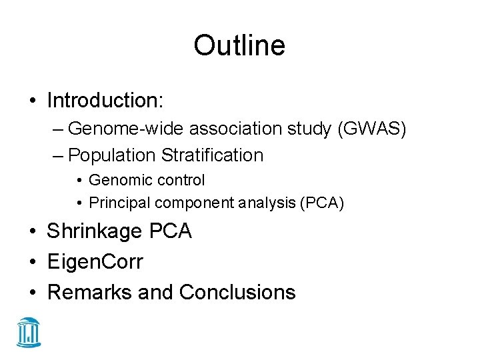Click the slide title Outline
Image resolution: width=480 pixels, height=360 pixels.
(x=239, y=46)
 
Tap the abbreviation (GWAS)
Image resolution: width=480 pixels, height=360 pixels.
(x=372, y=128)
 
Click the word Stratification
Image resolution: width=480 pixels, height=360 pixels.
(x=212, y=155)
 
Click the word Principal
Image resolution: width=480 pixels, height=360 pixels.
(x=117, y=203)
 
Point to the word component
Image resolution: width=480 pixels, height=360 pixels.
(x=186, y=203)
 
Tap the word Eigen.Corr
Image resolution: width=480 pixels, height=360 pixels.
(x=95, y=261)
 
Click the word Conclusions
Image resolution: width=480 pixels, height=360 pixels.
(x=237, y=291)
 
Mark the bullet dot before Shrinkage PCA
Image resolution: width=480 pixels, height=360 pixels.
(x=33, y=232)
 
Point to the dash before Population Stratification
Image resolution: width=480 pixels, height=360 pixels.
(x=58, y=156)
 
